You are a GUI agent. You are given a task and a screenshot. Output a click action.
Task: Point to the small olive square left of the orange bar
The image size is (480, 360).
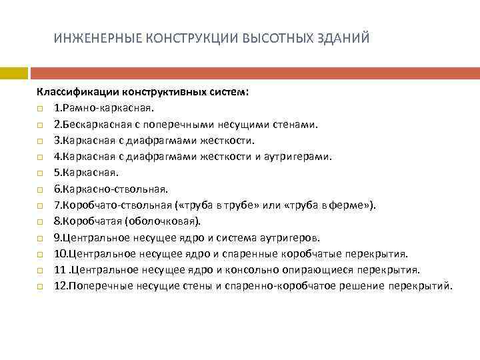tap(13, 72)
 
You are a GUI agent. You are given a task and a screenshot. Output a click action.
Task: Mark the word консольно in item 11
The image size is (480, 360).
tap(259, 271)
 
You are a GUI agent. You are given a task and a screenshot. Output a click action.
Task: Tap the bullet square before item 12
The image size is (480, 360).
tap(40, 287)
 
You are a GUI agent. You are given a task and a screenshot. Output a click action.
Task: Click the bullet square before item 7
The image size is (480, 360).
tap(40, 206)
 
